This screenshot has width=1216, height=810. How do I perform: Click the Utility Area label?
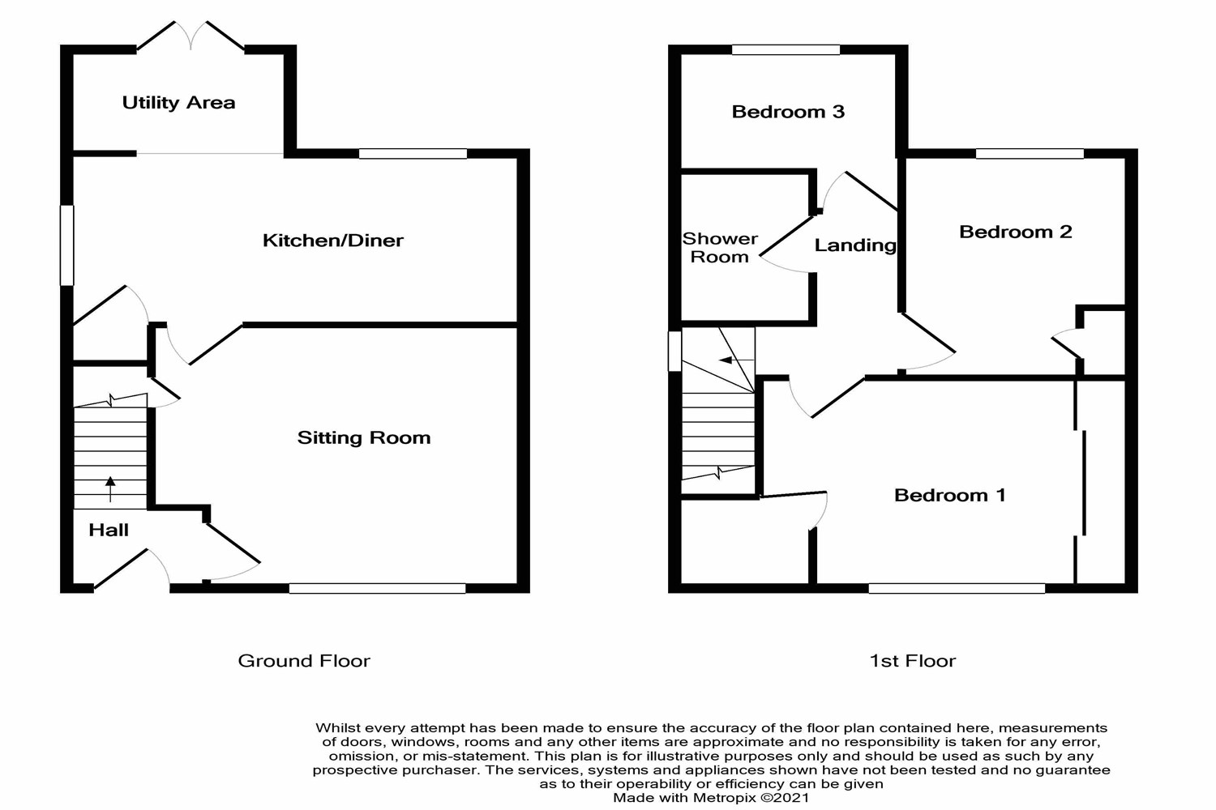pyautogui.click(x=178, y=103)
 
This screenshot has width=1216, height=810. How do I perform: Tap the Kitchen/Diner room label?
pyautogui.click(x=332, y=241)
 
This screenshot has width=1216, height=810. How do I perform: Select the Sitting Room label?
pyautogui.click(x=363, y=438)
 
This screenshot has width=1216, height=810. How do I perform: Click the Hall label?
pyautogui.click(x=109, y=531)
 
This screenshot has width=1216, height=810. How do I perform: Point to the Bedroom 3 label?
pyautogui.click(x=788, y=112)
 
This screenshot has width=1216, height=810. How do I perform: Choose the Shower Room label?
pyautogui.click(x=720, y=248)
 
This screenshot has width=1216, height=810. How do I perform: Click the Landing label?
pyautogui.click(x=855, y=245)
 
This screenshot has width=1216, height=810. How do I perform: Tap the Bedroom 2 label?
pyautogui.click(x=1015, y=232)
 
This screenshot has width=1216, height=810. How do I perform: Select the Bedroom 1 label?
pyautogui.click(x=949, y=496)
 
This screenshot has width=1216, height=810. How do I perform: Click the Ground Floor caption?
pyautogui.click(x=304, y=661)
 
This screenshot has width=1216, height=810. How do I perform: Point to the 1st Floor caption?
pyautogui.click(x=912, y=661)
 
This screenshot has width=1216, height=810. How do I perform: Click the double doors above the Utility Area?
pyautogui.click(x=191, y=36)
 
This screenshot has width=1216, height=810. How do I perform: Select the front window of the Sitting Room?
pyautogui.click(x=377, y=588)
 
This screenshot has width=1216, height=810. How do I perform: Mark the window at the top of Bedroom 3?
pyautogui.click(x=786, y=50)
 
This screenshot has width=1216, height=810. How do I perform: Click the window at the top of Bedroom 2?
pyautogui.click(x=1030, y=154)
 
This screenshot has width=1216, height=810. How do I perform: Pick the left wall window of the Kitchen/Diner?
pyautogui.click(x=67, y=245)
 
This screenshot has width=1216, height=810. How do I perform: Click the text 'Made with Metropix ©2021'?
pyautogui.click(x=711, y=798)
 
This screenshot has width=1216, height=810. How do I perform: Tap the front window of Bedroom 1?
pyautogui.click(x=957, y=588)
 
